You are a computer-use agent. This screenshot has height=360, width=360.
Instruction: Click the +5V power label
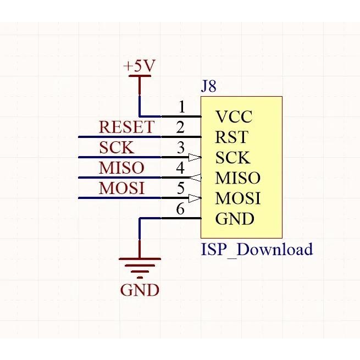[139, 67]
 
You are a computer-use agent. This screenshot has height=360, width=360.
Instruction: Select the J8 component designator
[209, 87]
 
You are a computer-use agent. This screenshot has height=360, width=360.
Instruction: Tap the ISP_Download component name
[257, 250]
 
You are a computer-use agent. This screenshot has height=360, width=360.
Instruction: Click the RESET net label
[126, 128]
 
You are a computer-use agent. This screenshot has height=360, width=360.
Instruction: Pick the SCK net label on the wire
[117, 148]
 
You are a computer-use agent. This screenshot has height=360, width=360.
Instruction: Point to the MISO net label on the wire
[121, 168]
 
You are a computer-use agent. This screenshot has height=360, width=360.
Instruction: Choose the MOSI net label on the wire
[122, 189]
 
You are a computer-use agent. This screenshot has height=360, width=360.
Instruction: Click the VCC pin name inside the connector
[234, 117]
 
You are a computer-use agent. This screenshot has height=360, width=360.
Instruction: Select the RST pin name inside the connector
[231, 137]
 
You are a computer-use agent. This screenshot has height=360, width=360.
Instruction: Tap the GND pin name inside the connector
[235, 219]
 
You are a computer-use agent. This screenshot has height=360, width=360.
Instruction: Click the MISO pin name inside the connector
[237, 178]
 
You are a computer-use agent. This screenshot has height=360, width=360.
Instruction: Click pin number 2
[180, 128]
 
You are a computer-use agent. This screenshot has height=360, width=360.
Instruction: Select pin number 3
[180, 148]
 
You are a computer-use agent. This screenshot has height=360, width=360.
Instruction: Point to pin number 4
[180, 168]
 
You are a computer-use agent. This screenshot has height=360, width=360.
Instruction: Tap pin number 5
[180, 189]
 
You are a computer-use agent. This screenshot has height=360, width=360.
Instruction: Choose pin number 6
[180, 209]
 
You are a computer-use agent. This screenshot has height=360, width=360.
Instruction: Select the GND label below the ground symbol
[140, 290]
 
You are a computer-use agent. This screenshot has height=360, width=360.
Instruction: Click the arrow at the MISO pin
[195, 178]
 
